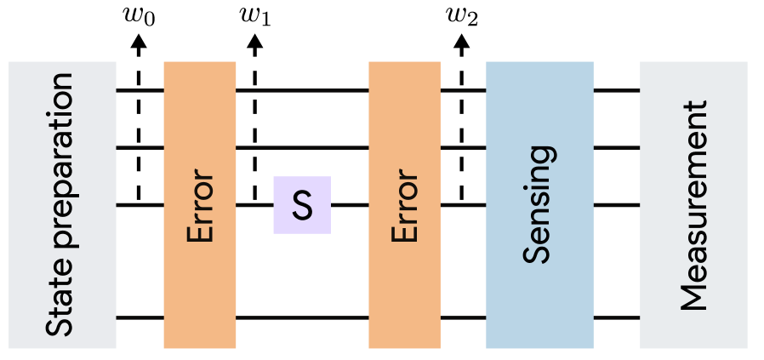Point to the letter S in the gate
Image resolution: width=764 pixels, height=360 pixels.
(x=302, y=205)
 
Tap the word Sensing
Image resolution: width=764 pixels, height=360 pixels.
(x=539, y=204)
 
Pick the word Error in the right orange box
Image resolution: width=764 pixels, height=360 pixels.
(x=405, y=208)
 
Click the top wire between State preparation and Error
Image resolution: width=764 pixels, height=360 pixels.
(x=140, y=90)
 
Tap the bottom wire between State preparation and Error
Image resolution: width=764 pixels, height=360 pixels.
(x=140, y=317)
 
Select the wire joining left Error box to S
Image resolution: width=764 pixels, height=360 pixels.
(x=254, y=205)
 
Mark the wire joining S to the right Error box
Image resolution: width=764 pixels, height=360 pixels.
(x=350, y=205)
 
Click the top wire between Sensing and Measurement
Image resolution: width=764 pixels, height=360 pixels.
(x=617, y=90)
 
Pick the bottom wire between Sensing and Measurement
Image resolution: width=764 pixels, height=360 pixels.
(x=617, y=317)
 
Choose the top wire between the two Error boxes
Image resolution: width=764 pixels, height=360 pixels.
(x=302, y=90)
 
